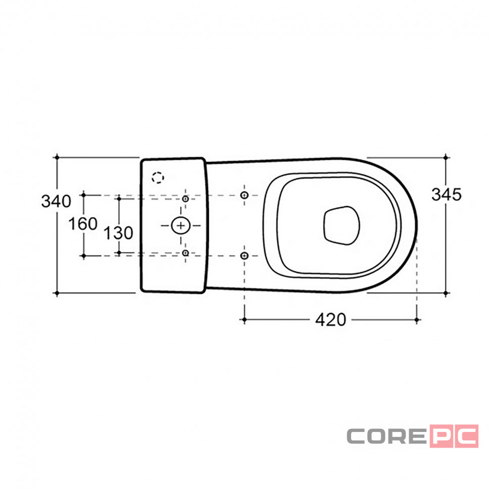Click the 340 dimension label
[x=56, y=201]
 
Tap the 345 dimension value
[x=446, y=194]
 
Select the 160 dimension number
[x=83, y=224]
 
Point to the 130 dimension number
[x=118, y=233]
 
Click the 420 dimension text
[x=331, y=320]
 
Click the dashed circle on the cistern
[x=158, y=177]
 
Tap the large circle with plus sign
[x=181, y=225]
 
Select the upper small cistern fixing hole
[x=185, y=199]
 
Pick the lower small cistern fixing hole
[x=185, y=253]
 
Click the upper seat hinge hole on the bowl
[x=244, y=195]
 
